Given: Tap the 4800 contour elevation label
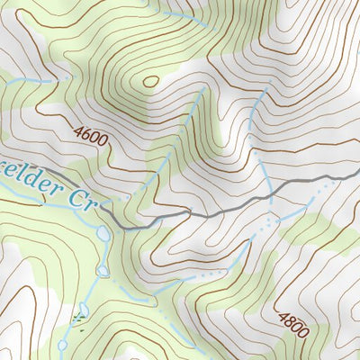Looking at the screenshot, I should point(293,325).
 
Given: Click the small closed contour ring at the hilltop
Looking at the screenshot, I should point(150,82).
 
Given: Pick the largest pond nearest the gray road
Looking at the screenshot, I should point(104,234).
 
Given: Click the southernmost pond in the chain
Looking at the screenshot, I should point(62,343).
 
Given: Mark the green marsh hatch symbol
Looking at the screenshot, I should point(76,319).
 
